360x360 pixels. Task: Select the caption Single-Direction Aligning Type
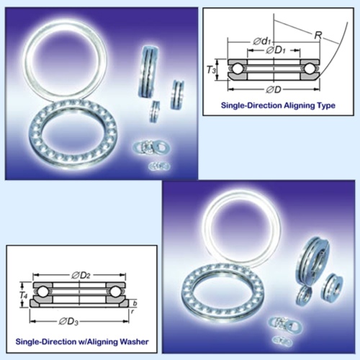click(x=268, y=106)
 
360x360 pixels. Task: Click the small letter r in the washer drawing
click(x=133, y=313)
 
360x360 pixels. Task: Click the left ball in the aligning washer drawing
click(x=41, y=292)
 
